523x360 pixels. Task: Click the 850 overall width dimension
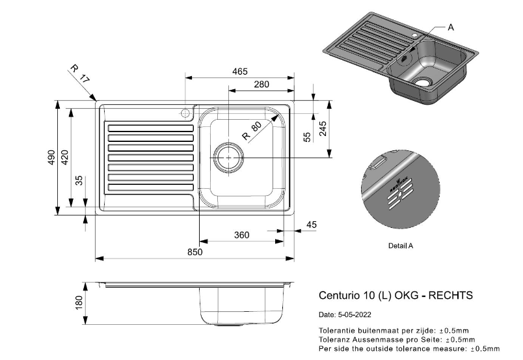(x=195, y=252)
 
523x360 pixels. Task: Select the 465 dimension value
(x=239, y=72)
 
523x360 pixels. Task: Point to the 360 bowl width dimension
(x=241, y=235)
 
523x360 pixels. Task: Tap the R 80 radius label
(x=251, y=132)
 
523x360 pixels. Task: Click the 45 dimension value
(x=311, y=225)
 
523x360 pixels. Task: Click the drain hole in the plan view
(x=228, y=157)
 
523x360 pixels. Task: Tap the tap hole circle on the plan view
(x=185, y=113)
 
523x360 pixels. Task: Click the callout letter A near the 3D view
(x=451, y=27)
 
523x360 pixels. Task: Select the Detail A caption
(x=400, y=246)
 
